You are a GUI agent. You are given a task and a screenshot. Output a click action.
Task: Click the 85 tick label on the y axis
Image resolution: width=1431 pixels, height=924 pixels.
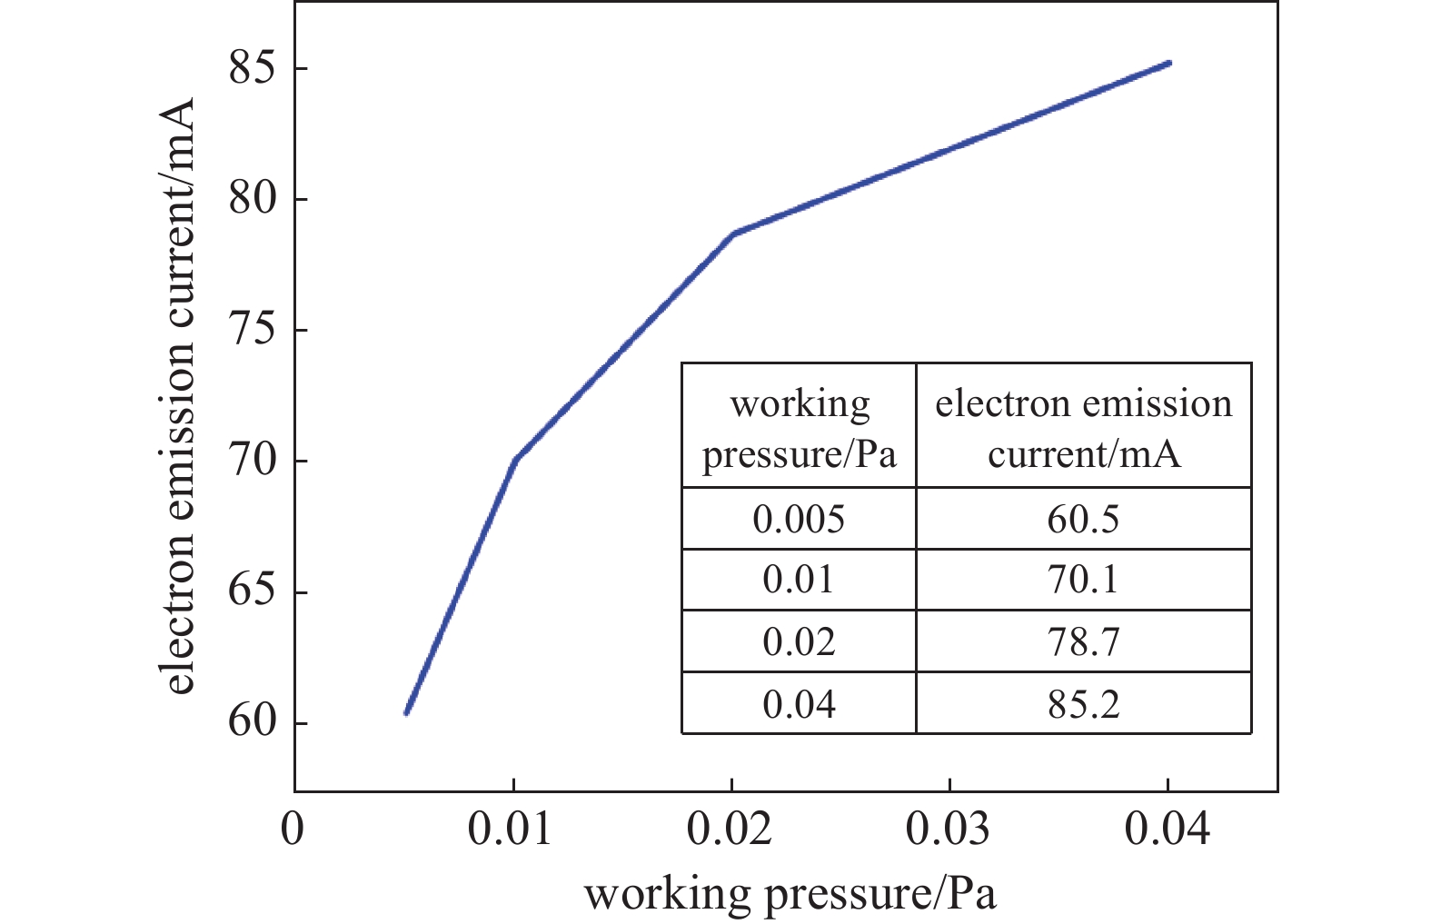(252, 68)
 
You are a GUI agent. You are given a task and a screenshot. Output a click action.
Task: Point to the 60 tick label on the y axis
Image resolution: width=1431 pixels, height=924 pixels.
(252, 723)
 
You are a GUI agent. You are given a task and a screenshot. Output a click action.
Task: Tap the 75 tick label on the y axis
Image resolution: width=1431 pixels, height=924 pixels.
(252, 330)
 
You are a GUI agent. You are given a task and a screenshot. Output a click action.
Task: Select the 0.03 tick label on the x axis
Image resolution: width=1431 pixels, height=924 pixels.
(949, 830)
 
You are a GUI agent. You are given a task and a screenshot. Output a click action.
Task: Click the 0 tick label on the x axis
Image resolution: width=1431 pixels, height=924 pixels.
(293, 830)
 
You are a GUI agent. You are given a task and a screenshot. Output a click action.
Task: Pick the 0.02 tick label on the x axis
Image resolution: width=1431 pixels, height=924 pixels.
(730, 830)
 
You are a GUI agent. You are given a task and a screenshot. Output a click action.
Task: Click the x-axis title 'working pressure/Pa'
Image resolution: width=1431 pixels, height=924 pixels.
(790, 894)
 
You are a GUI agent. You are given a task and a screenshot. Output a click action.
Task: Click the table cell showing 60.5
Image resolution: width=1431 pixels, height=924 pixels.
(1083, 519)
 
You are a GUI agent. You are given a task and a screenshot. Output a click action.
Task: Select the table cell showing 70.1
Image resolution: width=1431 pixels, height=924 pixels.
(1083, 580)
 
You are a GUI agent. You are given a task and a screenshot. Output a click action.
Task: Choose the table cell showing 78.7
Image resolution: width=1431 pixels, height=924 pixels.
(1083, 641)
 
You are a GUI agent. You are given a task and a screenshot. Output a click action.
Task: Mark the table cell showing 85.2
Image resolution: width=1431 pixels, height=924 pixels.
(1083, 703)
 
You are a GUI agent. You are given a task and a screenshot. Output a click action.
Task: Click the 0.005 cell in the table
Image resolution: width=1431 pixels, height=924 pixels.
(799, 519)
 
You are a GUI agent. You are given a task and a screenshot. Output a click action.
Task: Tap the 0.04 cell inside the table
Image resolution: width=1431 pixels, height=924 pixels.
(799, 703)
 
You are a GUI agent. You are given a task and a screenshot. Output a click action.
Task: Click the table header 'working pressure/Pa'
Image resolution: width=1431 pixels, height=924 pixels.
(799, 427)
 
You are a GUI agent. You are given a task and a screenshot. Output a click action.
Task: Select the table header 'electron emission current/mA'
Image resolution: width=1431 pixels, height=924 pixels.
(1083, 427)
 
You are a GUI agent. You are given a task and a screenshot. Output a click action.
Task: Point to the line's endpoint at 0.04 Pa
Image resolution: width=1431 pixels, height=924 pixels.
(1168, 63)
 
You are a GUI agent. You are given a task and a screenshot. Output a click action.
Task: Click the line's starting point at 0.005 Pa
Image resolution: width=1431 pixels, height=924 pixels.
(406, 712)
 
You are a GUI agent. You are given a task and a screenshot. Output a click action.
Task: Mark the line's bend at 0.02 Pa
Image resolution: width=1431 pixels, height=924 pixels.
(732, 233)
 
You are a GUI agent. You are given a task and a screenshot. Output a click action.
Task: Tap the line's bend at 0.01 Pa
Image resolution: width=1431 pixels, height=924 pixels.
(515, 459)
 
